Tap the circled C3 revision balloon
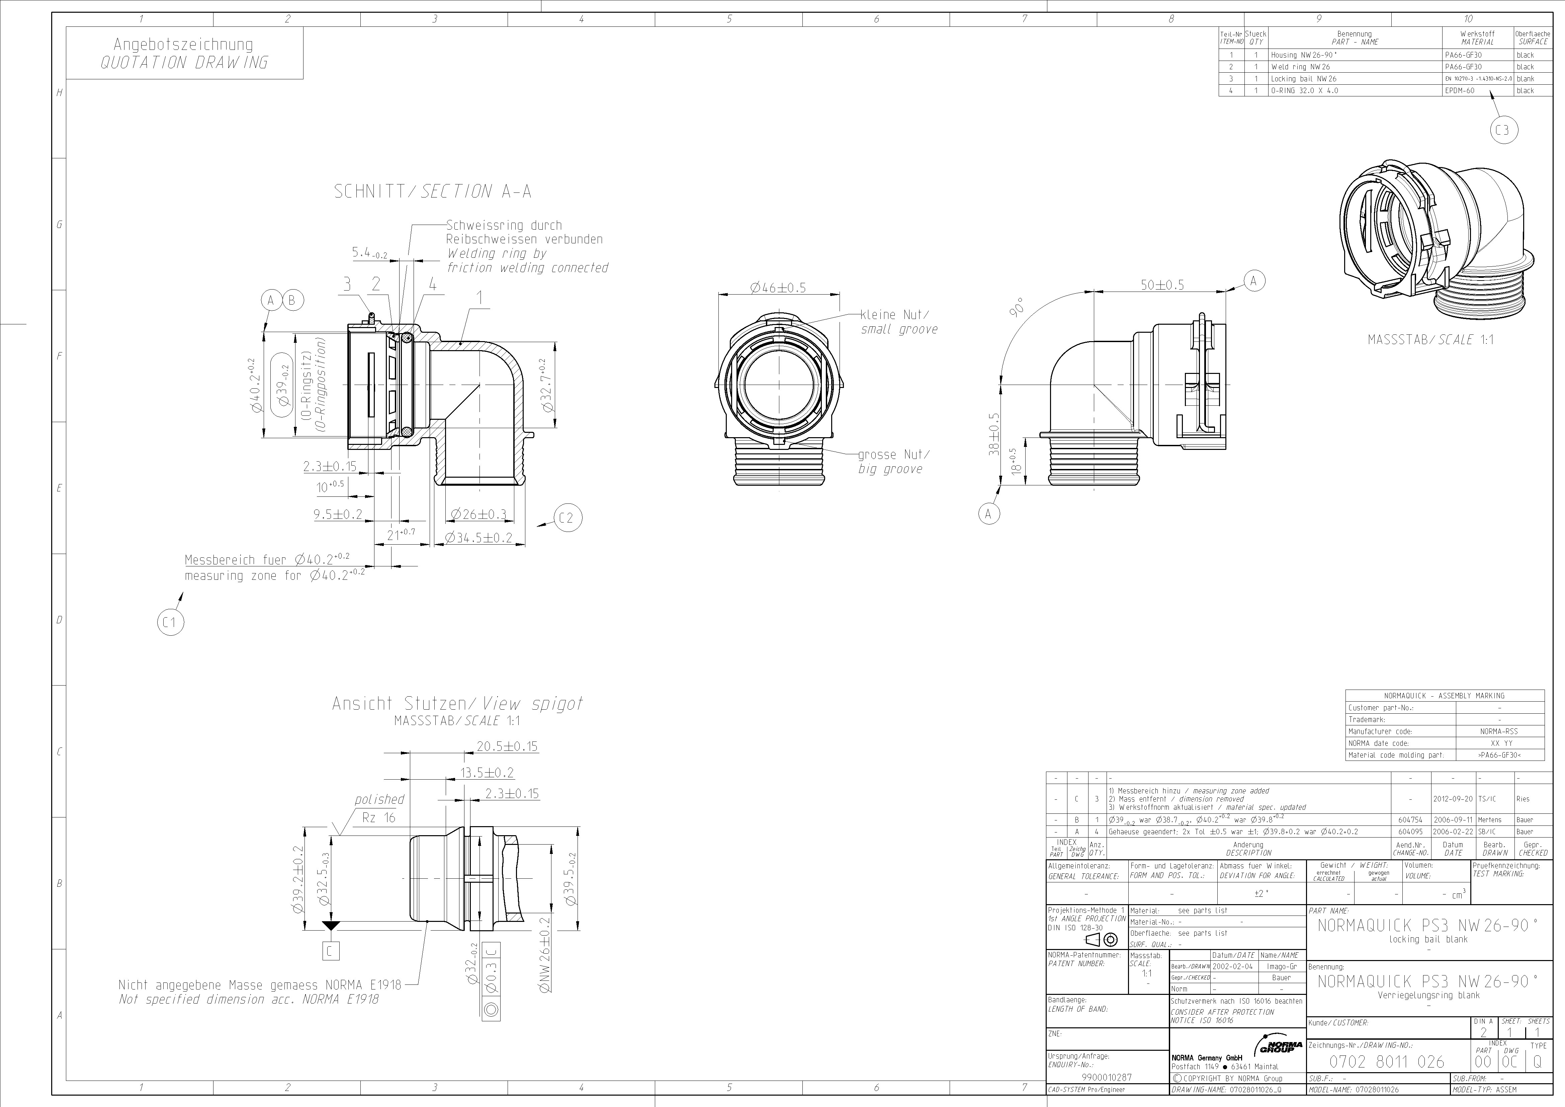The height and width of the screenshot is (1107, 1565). point(1502,130)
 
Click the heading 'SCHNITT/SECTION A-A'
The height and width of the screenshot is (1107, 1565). point(432,192)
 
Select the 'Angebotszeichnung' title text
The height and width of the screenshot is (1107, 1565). point(183,44)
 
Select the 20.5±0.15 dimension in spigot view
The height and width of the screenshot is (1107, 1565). point(507,746)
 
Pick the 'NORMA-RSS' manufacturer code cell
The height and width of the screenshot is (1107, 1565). point(1499,731)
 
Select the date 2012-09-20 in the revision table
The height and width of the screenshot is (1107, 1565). point(1453,799)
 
